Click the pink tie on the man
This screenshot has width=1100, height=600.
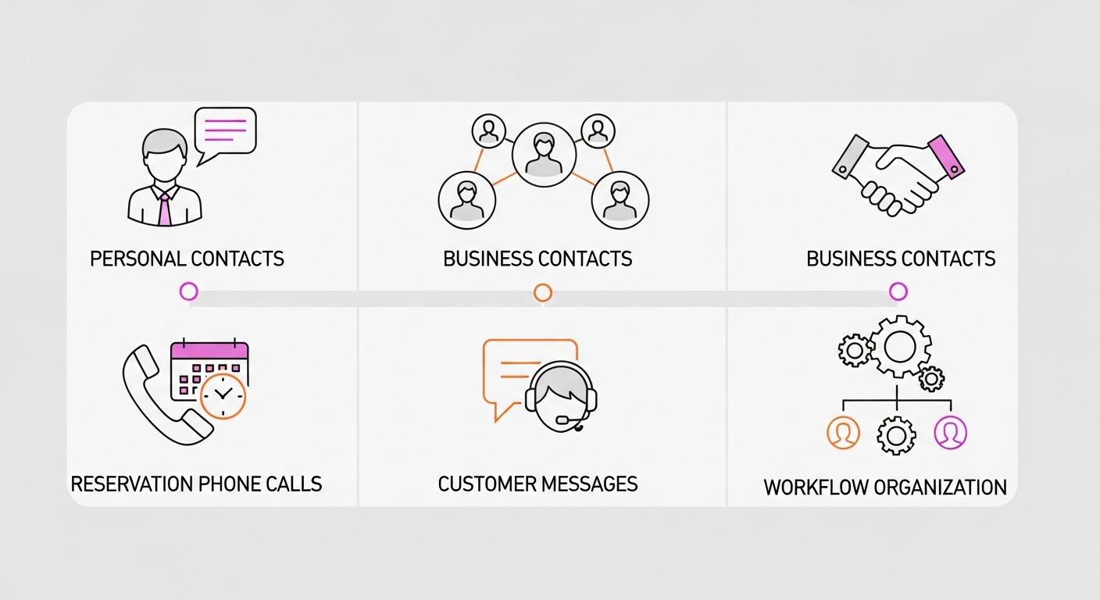click(164, 209)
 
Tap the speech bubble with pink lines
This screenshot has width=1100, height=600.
click(225, 130)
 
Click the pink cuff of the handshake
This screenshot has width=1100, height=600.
click(946, 155)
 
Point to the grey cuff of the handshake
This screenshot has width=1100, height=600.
click(851, 155)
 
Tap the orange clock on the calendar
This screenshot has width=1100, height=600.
click(223, 397)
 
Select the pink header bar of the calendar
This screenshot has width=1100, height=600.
click(209, 352)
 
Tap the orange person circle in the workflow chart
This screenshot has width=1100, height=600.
click(843, 432)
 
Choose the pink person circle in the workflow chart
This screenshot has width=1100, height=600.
click(950, 432)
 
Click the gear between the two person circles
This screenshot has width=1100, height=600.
click(896, 434)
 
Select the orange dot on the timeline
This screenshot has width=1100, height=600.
click(543, 292)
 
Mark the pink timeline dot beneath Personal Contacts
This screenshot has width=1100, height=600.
click(188, 291)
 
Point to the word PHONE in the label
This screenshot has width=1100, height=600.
click(230, 484)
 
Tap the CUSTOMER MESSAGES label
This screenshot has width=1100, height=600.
click(537, 484)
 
